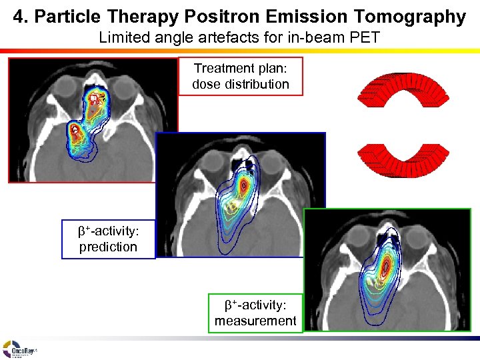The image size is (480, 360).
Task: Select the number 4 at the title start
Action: pos(19,17)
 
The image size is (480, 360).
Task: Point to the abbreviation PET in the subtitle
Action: pos(365,37)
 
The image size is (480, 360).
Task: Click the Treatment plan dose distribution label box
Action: pos(241,76)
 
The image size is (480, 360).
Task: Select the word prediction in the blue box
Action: pos(107,247)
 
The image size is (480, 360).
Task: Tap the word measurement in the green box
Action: pos(255,321)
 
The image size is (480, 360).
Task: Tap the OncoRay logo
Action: pos(19,349)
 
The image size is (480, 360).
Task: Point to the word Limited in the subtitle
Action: pos(123,37)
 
